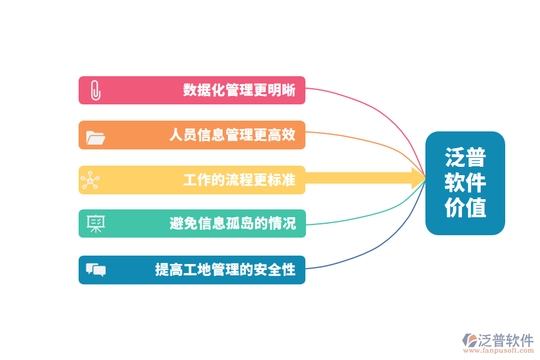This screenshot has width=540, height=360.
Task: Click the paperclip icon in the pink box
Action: [95, 90]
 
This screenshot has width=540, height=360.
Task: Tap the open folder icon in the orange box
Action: [95, 137]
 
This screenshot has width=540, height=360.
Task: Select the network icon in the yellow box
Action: [90, 180]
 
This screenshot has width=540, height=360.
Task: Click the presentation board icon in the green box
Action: [96, 224]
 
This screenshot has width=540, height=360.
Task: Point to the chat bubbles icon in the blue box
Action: [96, 270]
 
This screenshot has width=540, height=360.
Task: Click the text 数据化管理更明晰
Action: [239, 90]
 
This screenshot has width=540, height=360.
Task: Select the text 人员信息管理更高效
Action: [232, 134]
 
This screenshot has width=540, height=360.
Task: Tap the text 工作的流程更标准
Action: [239, 180]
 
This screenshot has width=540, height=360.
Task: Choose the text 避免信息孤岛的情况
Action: [232, 223]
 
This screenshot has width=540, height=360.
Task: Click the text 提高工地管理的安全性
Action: [225, 269]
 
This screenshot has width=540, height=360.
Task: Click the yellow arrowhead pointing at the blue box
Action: [418, 178]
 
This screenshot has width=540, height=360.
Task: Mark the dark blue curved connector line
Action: [383, 245]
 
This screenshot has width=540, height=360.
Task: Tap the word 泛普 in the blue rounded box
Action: [465, 157]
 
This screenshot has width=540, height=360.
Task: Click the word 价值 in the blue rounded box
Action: [465, 208]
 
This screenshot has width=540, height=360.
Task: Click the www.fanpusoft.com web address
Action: [499, 350]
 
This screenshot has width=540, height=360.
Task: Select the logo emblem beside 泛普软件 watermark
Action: [469, 340]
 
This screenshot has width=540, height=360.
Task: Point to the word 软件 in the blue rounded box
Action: [465, 182]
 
